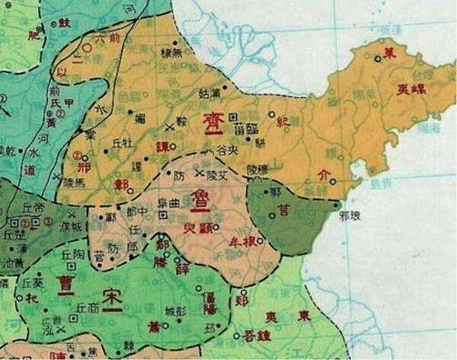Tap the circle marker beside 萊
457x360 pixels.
[x=378, y=57]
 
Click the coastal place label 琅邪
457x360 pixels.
[x=350, y=215]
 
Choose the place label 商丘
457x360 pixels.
[x=88, y=308]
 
